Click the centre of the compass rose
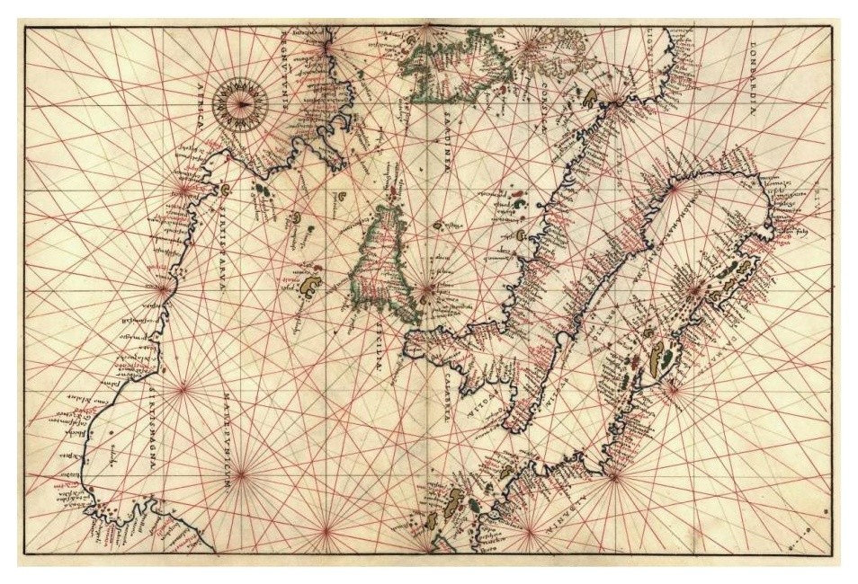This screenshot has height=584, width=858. point(242,104)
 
